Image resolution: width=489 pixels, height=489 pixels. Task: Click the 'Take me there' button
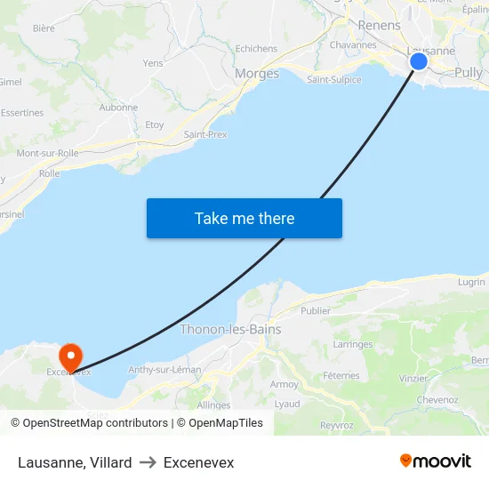click(244, 218)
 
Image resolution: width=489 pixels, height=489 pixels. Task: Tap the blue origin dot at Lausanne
click(418, 61)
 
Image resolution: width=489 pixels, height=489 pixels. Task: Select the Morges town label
click(256, 74)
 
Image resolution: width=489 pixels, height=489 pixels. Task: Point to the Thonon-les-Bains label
click(230, 329)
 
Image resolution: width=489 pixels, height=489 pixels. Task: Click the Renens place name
click(379, 25)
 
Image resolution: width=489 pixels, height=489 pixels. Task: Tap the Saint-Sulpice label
click(333, 79)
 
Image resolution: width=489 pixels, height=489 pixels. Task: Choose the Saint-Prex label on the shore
click(205, 134)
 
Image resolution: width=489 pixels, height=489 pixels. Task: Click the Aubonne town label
click(118, 108)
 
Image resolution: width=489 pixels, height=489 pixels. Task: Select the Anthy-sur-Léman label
click(164, 370)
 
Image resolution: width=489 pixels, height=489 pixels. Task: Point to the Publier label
click(316, 311)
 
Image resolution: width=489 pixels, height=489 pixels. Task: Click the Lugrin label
click(471, 282)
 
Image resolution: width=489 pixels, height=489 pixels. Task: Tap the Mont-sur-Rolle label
click(47, 153)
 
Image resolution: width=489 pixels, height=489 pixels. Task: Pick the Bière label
click(43, 28)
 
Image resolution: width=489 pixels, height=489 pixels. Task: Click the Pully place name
click(468, 73)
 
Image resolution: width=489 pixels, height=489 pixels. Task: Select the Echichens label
click(256, 49)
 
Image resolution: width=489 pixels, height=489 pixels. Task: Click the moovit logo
click(436, 461)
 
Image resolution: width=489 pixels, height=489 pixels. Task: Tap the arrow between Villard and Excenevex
click(148, 462)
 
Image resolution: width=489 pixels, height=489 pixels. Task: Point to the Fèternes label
click(341, 375)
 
